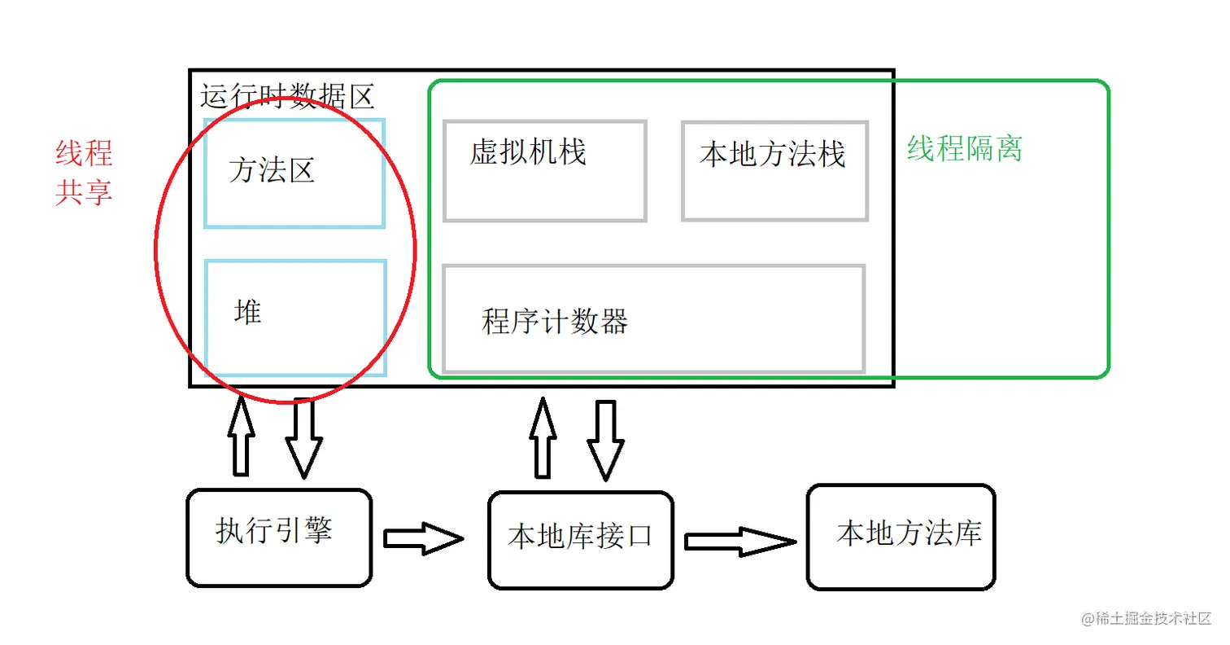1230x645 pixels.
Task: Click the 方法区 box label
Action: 272,171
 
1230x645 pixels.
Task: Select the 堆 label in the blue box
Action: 247,313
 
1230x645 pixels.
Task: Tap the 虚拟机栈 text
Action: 528,153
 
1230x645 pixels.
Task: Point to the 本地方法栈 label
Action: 773,155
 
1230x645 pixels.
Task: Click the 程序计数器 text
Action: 555,322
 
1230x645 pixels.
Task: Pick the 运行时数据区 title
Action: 287,98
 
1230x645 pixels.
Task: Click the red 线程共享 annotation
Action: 84,173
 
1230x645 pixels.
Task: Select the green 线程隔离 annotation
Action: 965,149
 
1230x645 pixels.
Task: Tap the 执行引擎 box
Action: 279,537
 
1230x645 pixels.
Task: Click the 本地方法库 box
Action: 901,537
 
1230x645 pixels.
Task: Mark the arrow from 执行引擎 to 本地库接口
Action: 423,538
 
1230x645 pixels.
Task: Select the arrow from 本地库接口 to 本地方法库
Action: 739,541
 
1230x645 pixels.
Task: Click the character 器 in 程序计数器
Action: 615,322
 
